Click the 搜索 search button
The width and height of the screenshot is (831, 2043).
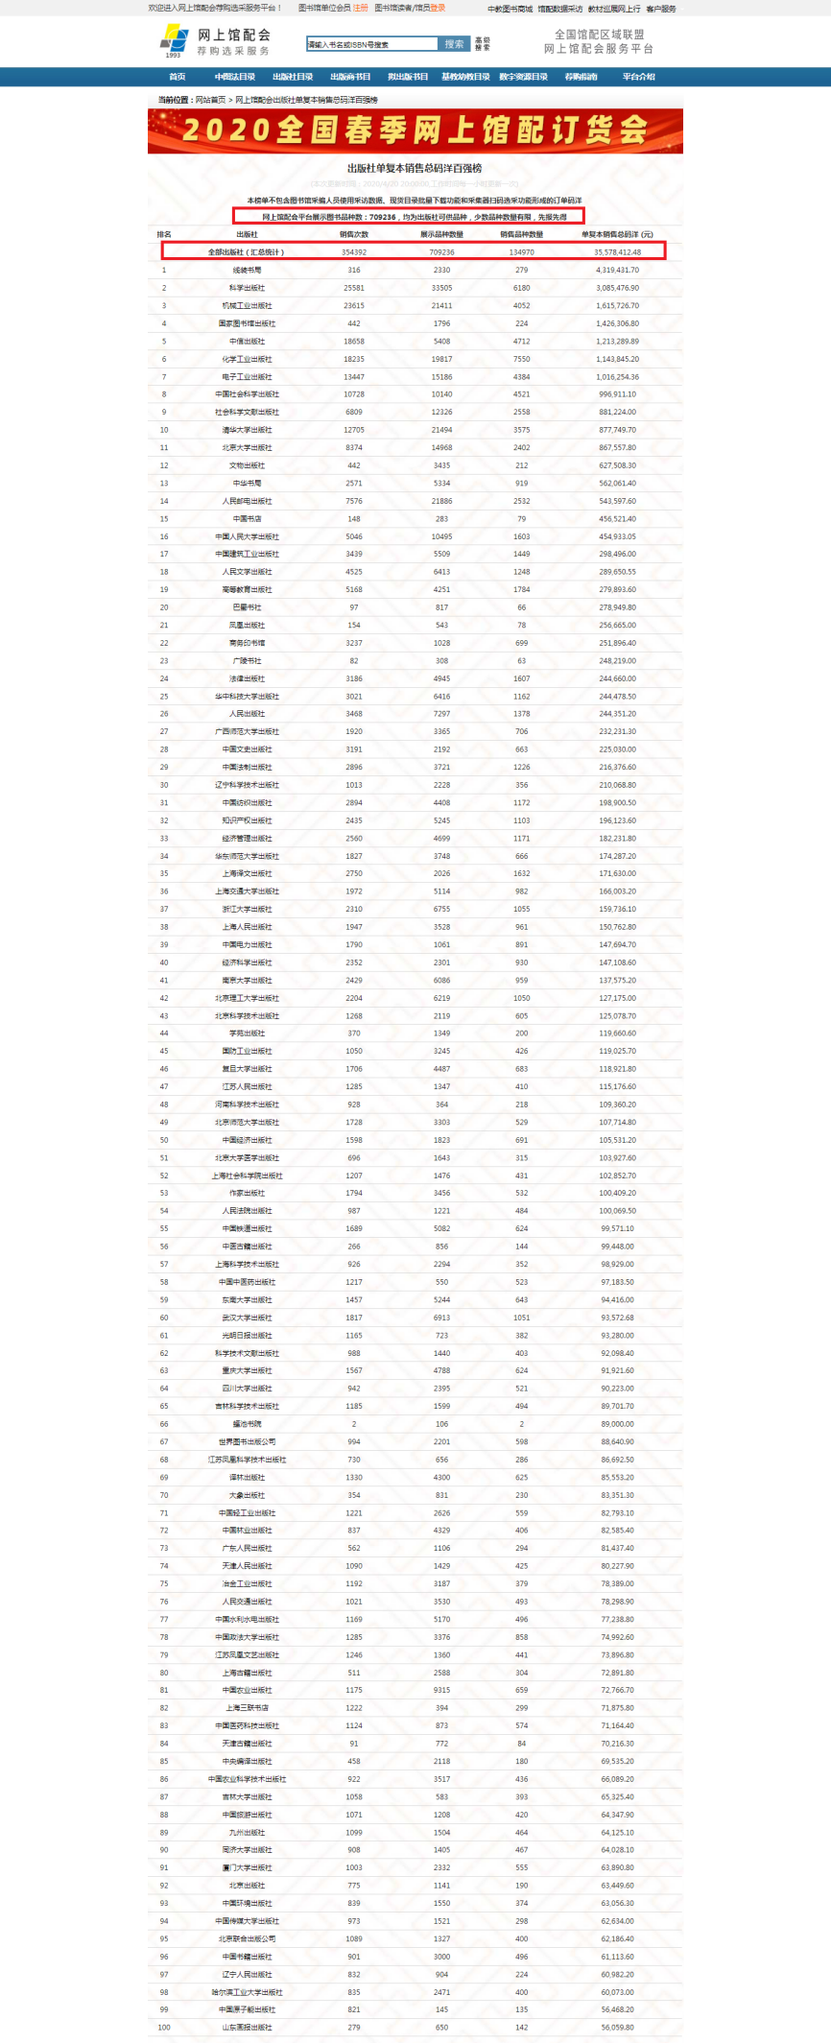click(x=454, y=44)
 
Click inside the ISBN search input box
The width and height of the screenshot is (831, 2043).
click(x=372, y=44)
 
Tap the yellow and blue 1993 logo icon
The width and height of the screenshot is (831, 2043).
click(x=174, y=39)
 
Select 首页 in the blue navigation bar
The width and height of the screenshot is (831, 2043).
click(x=177, y=77)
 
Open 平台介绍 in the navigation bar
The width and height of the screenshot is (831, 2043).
click(x=638, y=77)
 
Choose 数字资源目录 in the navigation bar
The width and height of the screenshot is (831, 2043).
click(x=523, y=77)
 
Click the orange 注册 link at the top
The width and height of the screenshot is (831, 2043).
click(x=360, y=8)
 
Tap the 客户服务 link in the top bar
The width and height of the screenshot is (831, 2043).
click(x=660, y=9)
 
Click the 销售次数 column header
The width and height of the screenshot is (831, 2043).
click(x=353, y=234)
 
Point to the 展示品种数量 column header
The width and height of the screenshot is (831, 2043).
click(x=441, y=234)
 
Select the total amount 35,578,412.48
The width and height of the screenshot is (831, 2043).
click(x=617, y=252)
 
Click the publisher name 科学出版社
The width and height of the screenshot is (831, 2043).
click(x=247, y=288)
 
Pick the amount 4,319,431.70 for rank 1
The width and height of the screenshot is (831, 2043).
click(x=617, y=270)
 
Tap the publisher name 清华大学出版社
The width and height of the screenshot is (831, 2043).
click(x=247, y=430)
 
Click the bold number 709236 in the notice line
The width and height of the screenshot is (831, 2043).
click(x=382, y=217)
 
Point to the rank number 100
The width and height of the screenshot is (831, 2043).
click(x=164, y=2028)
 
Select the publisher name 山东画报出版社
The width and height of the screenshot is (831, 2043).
click(x=247, y=2028)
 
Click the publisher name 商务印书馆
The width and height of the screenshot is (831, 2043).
click(x=247, y=643)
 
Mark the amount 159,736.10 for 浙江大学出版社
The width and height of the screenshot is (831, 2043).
click(x=617, y=909)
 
